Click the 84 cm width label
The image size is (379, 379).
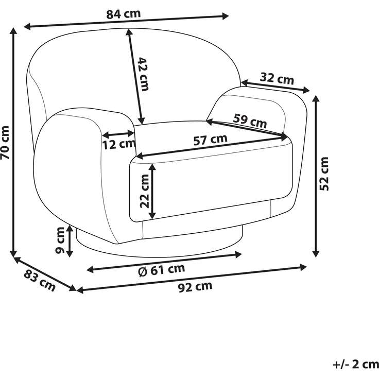pyautogui.click(x=124, y=14)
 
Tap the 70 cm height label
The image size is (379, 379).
pyautogui.click(x=5, y=143)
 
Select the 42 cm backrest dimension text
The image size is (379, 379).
pyautogui.click(x=143, y=74)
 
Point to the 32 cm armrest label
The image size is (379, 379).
pyautogui.click(x=277, y=79)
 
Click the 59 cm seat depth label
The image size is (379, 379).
pyautogui.click(x=250, y=121)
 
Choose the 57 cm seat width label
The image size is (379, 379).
pyautogui.click(x=211, y=140)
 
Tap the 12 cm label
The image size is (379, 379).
pyautogui.click(x=118, y=144)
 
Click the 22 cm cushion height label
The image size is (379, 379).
pyautogui.click(x=145, y=191)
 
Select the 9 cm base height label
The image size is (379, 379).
pyautogui.click(x=60, y=240)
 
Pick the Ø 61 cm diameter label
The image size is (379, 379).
pyautogui.click(x=162, y=270)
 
